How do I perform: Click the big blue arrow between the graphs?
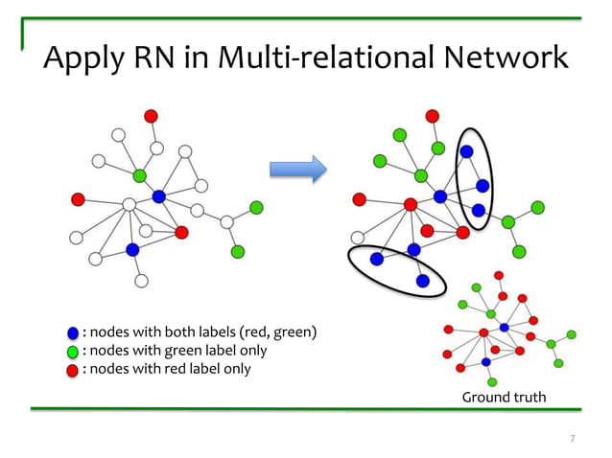pyautogui.click(x=297, y=170)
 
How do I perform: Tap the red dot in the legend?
pyautogui.click(x=73, y=369)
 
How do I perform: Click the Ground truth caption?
pyautogui.click(x=504, y=397)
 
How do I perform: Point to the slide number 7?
pyautogui.click(x=573, y=439)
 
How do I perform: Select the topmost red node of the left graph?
pyautogui.click(x=151, y=116)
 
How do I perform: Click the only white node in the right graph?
pyautogui.click(x=358, y=238)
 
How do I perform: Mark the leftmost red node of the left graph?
pyautogui.click(x=78, y=199)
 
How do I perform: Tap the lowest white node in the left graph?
pyautogui.click(x=141, y=281)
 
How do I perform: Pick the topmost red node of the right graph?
pyautogui.click(x=433, y=116)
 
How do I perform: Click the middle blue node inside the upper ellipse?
pyautogui.click(x=483, y=186)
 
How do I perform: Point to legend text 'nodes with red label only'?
pyautogui.click(x=166, y=369)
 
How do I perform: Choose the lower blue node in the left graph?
pyautogui.click(x=132, y=249)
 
